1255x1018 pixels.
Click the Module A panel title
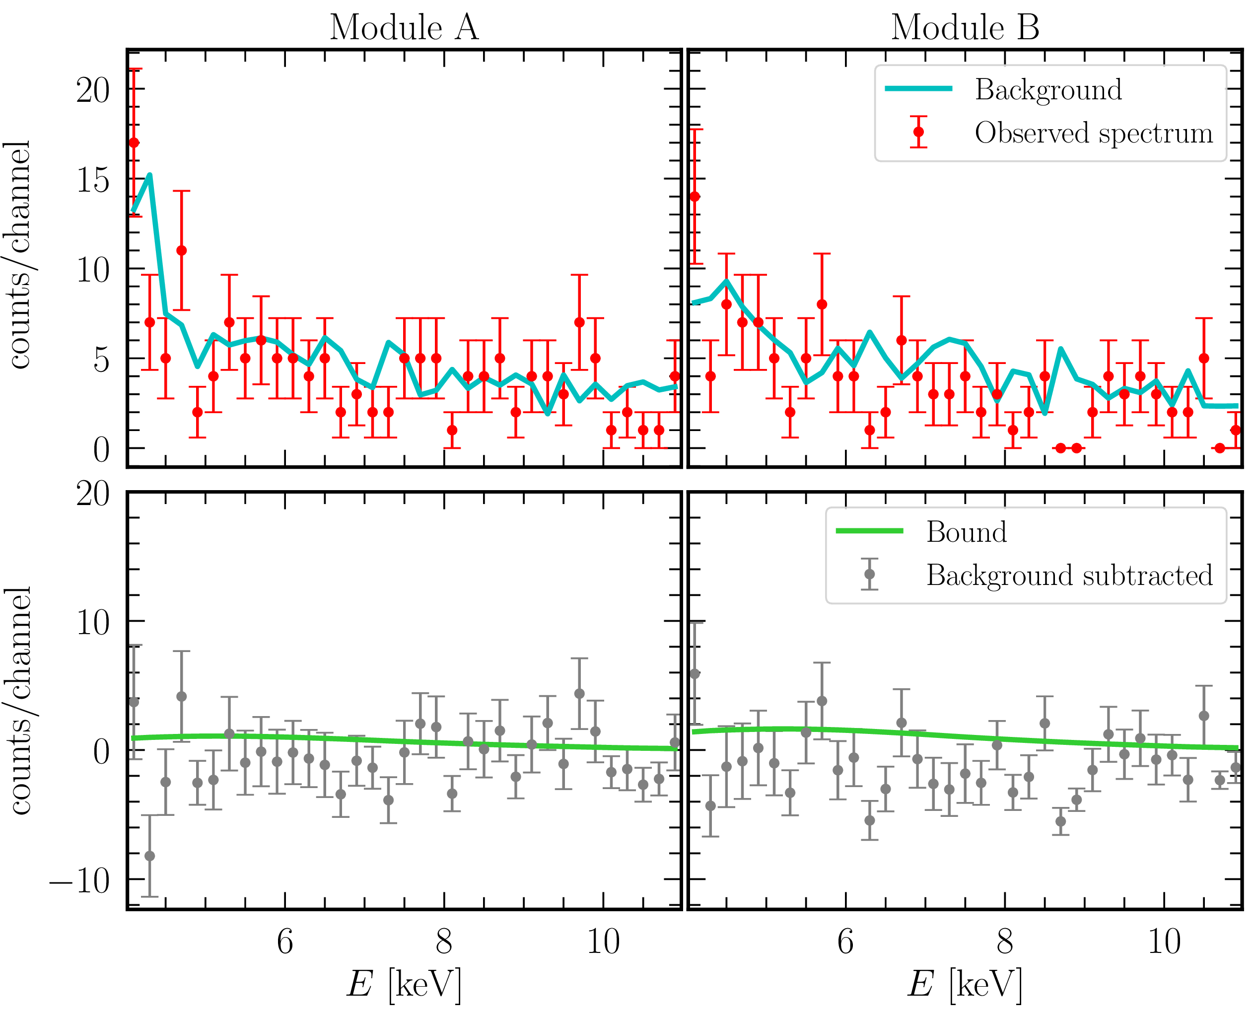404,28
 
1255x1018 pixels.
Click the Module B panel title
965,28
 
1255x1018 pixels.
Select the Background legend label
1048,90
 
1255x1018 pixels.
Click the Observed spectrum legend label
1094,133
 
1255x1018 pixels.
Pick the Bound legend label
967,532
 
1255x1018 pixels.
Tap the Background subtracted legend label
1069,575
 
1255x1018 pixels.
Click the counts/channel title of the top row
19,255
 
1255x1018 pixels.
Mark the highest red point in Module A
134,143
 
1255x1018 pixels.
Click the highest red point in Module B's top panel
695,197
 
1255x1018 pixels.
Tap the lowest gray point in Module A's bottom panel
150,856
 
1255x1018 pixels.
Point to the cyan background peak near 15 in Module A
150,175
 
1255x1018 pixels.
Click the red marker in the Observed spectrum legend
918,132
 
